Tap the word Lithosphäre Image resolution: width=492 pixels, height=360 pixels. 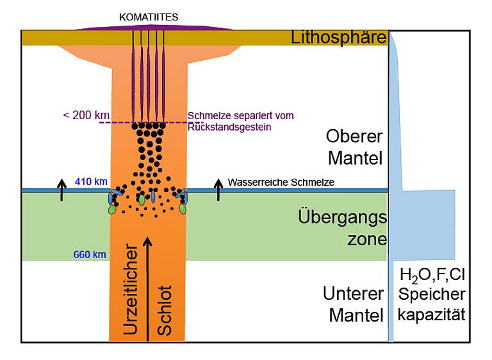point(339,37)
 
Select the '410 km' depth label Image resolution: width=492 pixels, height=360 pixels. point(91,181)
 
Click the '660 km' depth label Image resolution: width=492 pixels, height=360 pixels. point(90,254)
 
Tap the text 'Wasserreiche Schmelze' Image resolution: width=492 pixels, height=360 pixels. point(281,183)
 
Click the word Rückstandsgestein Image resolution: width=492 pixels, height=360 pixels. point(230,126)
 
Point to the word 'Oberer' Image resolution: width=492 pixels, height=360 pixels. point(354,136)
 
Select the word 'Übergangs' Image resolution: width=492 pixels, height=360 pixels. point(343,217)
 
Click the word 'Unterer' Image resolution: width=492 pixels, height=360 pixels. point(353,294)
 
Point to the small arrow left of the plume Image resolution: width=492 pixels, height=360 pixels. point(61,190)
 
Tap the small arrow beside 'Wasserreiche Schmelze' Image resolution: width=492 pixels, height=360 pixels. point(218,190)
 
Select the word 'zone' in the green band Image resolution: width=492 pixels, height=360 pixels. point(362,240)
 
